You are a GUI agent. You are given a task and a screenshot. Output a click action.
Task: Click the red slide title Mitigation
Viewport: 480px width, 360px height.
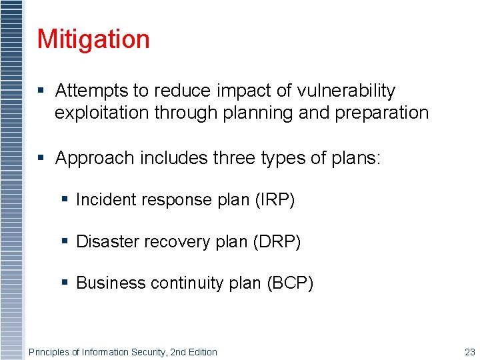coord(93,39)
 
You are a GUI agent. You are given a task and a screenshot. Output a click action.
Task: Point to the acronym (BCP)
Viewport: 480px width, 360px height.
coord(290,283)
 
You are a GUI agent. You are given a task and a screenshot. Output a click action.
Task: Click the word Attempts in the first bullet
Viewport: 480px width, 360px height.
coord(85,91)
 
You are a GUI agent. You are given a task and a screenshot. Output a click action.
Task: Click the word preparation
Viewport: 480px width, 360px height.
coord(381,113)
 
